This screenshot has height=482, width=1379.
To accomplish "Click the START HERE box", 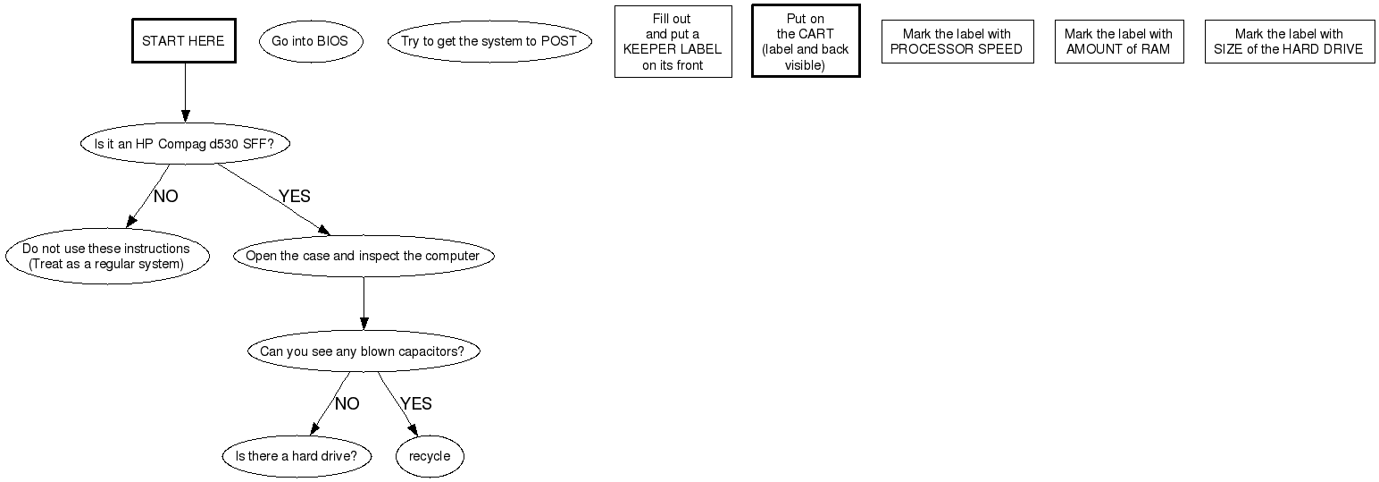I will click(x=183, y=41).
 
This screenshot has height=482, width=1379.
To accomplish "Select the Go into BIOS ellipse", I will click(x=310, y=41).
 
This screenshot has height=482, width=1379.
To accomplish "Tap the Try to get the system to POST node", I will click(x=489, y=41).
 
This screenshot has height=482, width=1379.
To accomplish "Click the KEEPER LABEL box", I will click(x=673, y=41).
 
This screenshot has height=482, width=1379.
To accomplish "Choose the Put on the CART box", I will click(x=805, y=41).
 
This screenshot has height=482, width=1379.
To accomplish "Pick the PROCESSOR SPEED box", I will click(x=957, y=41).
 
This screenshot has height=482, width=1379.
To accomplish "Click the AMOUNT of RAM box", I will click(x=1118, y=41).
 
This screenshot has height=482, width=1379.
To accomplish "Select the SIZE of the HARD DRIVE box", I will click(x=1289, y=41).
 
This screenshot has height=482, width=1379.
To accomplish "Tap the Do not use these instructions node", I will click(x=106, y=257).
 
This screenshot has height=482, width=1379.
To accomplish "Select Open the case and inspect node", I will click(x=363, y=256).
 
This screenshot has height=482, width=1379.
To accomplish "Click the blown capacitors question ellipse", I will click(x=362, y=351).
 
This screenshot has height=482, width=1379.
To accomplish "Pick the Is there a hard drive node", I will click(x=296, y=456).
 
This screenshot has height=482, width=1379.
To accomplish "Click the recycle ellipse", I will click(x=430, y=456).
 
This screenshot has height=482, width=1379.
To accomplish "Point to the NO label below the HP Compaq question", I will click(x=165, y=197).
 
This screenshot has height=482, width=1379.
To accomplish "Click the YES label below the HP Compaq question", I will click(x=294, y=197).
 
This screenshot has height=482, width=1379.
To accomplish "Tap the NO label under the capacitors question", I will click(x=347, y=404).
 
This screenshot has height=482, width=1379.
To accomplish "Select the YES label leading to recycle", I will click(x=415, y=404).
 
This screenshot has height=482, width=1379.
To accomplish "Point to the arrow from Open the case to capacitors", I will click(x=364, y=304).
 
